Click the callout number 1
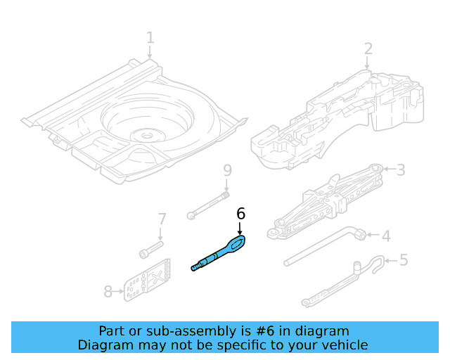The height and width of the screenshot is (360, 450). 150,37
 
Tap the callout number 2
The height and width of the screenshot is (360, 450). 368,48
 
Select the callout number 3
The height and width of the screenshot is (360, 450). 401,169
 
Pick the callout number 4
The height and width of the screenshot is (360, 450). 385,236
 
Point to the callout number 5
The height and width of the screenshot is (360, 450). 403,260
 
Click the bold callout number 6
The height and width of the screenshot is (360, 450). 240,213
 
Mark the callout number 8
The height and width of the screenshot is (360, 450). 108,291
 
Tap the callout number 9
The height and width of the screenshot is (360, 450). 226,170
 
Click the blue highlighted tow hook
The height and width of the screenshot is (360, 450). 218,254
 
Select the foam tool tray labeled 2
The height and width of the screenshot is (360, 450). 337,116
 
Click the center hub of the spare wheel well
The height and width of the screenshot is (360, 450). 146,134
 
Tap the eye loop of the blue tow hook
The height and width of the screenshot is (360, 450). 236,243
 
